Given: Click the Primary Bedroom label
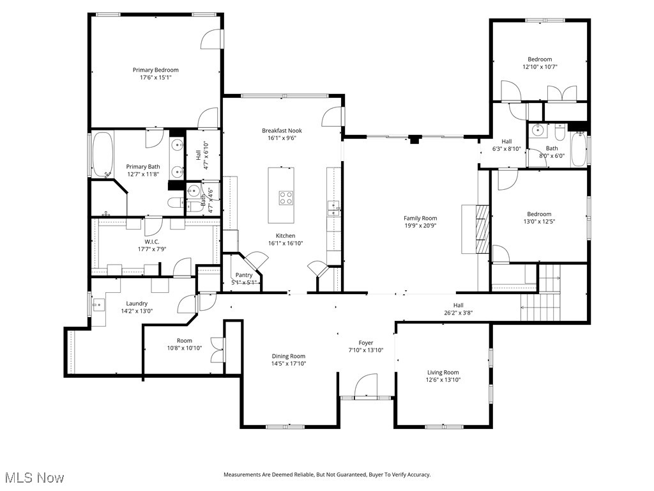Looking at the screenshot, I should tap(155, 70).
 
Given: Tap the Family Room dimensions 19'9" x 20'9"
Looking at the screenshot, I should tap(420, 226).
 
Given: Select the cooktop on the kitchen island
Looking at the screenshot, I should tap(285, 198).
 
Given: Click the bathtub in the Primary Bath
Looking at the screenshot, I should tap(102, 154).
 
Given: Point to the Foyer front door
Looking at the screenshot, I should tap(365, 387).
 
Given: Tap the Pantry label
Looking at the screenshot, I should tap(244, 275).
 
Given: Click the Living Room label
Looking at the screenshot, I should tap(443, 372).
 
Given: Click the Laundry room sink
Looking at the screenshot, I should tap(96, 305).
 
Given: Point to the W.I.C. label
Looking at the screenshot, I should tap(151, 241).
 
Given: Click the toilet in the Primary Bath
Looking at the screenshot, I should tap(175, 203).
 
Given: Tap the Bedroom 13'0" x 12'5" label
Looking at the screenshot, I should tap(538, 214).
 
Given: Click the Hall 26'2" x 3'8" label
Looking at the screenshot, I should tap(459, 305).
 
